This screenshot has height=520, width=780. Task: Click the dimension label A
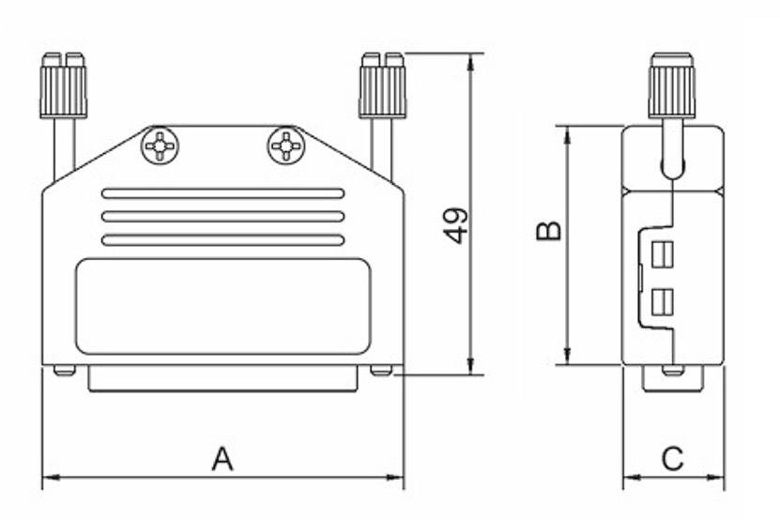click(x=222, y=459)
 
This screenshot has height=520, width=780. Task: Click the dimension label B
click(x=549, y=230)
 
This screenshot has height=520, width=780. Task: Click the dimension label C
click(x=673, y=459)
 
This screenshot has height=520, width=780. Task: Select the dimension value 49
click(x=456, y=225)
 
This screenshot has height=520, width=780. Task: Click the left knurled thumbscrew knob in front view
click(x=63, y=86)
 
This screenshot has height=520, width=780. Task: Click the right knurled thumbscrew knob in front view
click(x=383, y=86)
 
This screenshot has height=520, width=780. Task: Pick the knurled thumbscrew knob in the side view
click(x=672, y=86)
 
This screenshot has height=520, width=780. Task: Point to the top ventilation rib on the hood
click(x=223, y=193)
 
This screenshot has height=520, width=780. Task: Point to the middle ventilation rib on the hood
click(x=223, y=217)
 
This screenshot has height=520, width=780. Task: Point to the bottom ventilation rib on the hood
click(x=223, y=240)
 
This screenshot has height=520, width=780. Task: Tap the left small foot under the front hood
click(x=64, y=371)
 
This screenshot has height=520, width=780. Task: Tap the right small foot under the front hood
click(x=381, y=371)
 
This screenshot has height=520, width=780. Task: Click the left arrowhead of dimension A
click(x=48, y=477)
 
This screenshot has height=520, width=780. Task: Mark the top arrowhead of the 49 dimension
click(x=470, y=59)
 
